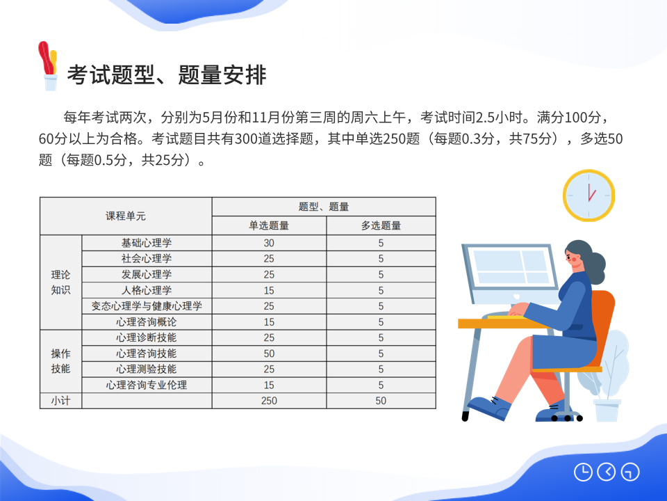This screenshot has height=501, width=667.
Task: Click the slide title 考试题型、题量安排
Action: [x=167, y=75]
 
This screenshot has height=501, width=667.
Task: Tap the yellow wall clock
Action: [x=588, y=196]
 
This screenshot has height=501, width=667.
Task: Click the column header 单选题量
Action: [x=269, y=225]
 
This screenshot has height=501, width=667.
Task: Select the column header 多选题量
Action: [x=381, y=225]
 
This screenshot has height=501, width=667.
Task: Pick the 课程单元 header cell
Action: [x=126, y=216]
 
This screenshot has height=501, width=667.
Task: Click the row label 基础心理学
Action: [x=147, y=243]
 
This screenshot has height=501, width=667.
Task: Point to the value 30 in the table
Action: [x=269, y=244]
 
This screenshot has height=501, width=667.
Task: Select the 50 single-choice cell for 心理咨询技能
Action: [x=269, y=353]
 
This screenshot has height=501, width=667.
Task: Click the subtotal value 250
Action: [x=269, y=401]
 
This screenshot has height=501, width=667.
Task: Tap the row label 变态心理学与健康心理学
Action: [x=147, y=306]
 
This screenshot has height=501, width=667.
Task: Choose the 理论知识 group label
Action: [x=60, y=282]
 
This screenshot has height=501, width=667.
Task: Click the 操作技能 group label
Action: [x=60, y=361]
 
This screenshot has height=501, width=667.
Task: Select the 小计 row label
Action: [x=60, y=401]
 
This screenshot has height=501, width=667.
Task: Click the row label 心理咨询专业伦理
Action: [x=147, y=385]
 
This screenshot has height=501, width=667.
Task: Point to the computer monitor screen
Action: [x=511, y=267]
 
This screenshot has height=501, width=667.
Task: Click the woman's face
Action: [x=575, y=257]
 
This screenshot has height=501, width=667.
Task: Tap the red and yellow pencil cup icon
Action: [x=48, y=66]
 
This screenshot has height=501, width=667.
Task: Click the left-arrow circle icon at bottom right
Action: [x=607, y=472]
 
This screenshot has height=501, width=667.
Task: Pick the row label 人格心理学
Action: [x=147, y=291]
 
